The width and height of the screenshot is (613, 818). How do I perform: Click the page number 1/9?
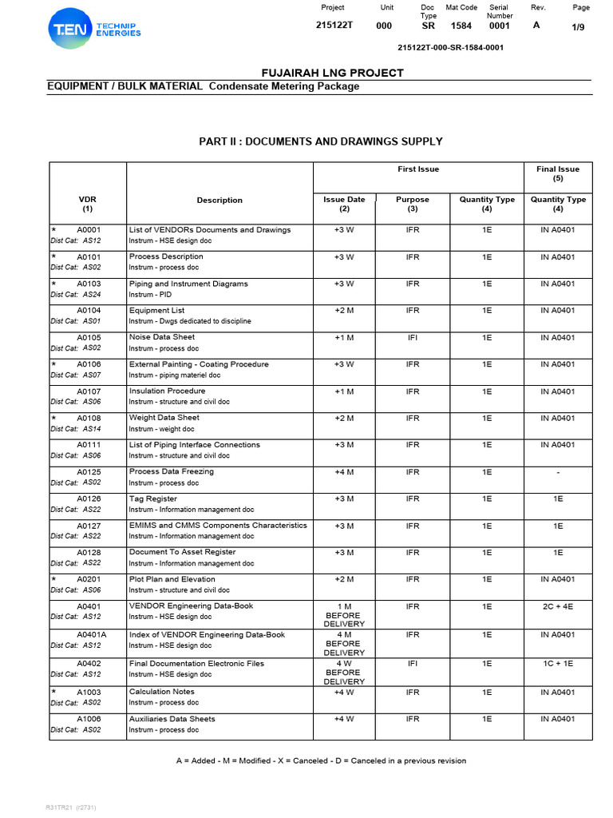click(579, 28)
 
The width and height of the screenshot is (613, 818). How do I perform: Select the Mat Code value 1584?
click(461, 26)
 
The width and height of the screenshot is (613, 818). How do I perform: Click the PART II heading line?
click(320, 141)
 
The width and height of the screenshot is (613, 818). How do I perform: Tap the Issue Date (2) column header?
click(344, 204)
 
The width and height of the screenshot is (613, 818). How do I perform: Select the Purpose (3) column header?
click(413, 204)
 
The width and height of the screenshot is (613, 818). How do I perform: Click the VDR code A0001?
click(89, 230)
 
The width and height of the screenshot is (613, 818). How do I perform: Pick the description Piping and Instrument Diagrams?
click(188, 284)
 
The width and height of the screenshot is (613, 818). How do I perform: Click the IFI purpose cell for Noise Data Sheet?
click(413, 337)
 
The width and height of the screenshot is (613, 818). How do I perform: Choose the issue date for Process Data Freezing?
click(344, 471)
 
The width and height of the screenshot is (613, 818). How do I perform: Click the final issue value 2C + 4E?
click(558, 606)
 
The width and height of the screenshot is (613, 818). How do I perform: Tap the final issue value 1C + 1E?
click(558, 663)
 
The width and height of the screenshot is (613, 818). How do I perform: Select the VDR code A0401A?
click(92, 635)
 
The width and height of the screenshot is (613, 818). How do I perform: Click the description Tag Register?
click(153, 498)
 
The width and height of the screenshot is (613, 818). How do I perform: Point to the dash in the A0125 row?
click(558, 471)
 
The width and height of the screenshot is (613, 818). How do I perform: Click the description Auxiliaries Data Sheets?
click(172, 719)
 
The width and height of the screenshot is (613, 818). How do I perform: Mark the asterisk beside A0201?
click(53, 579)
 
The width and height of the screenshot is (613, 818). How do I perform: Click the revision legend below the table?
click(321, 760)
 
